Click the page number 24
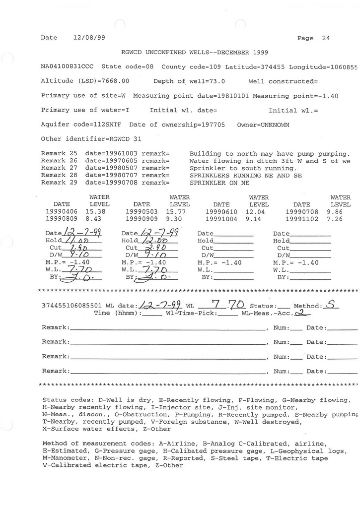(326, 38)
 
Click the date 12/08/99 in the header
(89, 38)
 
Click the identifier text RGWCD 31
(120, 139)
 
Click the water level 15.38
(99, 211)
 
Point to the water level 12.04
(259, 211)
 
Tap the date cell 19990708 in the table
(301, 211)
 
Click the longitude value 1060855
(344, 66)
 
